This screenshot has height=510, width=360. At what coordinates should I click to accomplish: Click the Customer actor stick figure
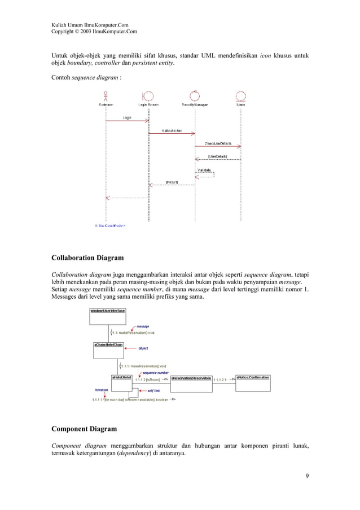coord(106,95)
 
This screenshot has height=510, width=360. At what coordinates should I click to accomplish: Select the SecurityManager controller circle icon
coord(195,95)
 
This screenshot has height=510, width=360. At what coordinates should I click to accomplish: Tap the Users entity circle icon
coord(241,95)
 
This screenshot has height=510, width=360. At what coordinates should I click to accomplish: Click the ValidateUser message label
coord(172,130)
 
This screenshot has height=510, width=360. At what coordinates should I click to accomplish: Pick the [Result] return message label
coord(172,182)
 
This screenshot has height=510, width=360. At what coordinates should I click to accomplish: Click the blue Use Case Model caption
coord(110,225)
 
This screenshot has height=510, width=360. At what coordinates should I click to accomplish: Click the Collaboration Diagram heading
coord(87,258)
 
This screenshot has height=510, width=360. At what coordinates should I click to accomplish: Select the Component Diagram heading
coord(84,429)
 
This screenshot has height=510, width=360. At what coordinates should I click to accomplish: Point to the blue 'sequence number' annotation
coord(156,373)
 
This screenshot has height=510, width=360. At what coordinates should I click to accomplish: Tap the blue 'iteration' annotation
coord(101,390)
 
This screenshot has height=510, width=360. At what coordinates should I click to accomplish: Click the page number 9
coord(306,476)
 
